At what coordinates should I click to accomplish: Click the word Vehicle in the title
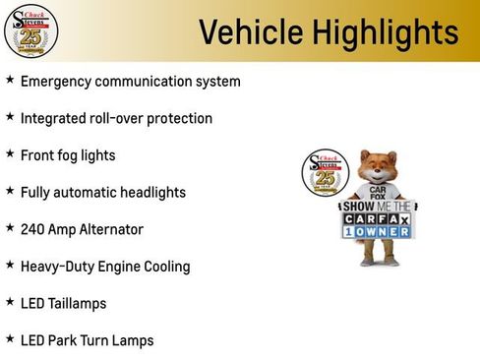tap(244, 32)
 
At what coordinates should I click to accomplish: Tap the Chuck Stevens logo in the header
tap(31, 30)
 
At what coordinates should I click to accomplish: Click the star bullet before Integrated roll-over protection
tap(10, 117)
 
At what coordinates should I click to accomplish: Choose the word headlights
tap(150, 193)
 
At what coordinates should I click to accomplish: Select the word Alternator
tap(110, 229)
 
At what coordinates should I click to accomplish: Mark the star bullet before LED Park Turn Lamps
tap(10, 339)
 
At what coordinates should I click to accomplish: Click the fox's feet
tap(378, 263)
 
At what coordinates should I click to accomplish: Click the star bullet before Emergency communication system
tap(10, 80)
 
